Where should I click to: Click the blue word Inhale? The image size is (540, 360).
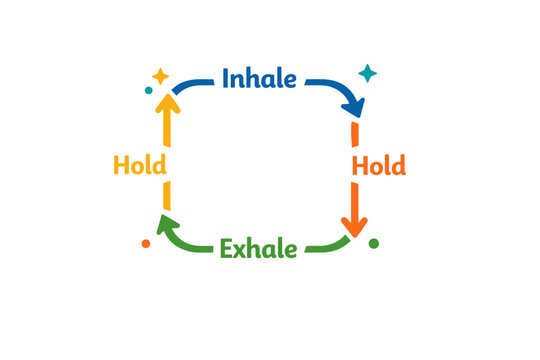[259, 78]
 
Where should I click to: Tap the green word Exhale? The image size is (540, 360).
[258, 248]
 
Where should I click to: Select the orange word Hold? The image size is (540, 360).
[378, 165]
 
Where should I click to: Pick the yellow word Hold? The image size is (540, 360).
[140, 165]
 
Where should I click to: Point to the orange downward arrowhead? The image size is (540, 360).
[354, 225]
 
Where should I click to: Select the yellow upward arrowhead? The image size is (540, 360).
[166, 103]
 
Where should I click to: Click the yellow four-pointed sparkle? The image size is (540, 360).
[160, 76]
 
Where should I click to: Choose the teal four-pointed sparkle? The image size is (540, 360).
[368, 73]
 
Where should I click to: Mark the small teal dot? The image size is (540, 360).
[148, 90]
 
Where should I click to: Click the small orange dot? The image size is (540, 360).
[146, 243]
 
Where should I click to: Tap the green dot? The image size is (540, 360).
[373, 243]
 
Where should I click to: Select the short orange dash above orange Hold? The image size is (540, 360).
[355, 135]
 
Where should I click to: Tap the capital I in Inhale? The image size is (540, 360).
[227, 78]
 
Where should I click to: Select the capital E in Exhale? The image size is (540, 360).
[225, 248]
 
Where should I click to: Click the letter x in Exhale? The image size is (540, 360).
[242, 250]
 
